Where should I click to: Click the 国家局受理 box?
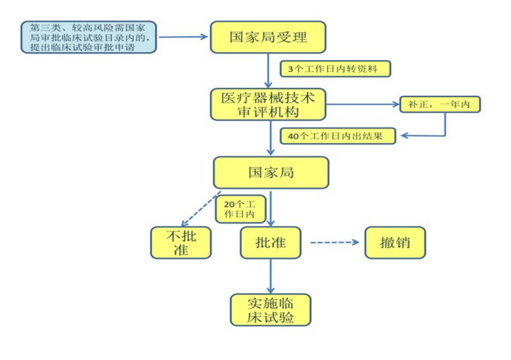click(268, 37)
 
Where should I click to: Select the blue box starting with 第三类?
click(89, 37)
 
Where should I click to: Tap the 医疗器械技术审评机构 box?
click(268, 104)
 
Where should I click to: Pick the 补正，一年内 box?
click(439, 105)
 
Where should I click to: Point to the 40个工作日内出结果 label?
click(341, 136)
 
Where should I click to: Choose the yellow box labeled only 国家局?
click(271, 172)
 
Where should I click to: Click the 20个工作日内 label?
click(239, 209)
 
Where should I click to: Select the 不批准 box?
click(180, 242)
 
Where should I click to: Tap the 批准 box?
click(270, 242)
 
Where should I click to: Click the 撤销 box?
click(395, 242)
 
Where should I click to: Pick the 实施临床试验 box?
click(271, 310)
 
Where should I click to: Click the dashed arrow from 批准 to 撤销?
click(334, 242)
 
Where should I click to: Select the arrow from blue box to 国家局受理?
click(182, 36)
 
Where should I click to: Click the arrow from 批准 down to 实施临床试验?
click(271, 276)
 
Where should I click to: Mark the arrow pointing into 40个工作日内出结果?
click(426, 135)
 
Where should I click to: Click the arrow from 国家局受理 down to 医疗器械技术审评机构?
click(268, 70)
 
